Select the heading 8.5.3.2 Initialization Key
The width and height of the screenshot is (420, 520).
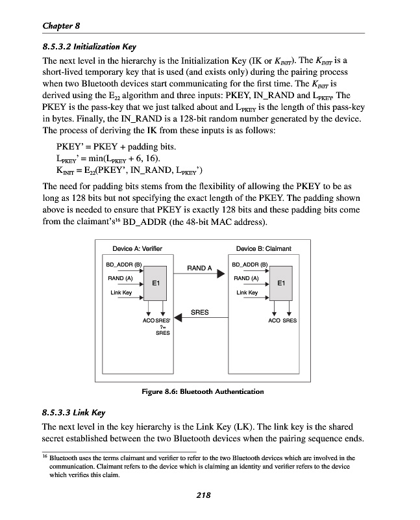(88, 47)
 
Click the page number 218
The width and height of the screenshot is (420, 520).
(203, 496)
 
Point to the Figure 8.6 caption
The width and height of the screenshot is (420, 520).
(202, 391)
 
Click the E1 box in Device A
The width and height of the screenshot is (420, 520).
(156, 283)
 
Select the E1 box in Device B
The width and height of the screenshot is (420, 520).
(280, 283)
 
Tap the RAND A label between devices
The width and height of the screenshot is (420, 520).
(199, 268)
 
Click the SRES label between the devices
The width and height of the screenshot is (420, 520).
(200, 312)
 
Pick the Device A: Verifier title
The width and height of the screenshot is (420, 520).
(137, 249)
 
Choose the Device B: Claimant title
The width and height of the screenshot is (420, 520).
(264, 249)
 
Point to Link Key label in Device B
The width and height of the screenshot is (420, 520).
(247, 292)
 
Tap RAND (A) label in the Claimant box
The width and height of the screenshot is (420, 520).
(246, 278)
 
